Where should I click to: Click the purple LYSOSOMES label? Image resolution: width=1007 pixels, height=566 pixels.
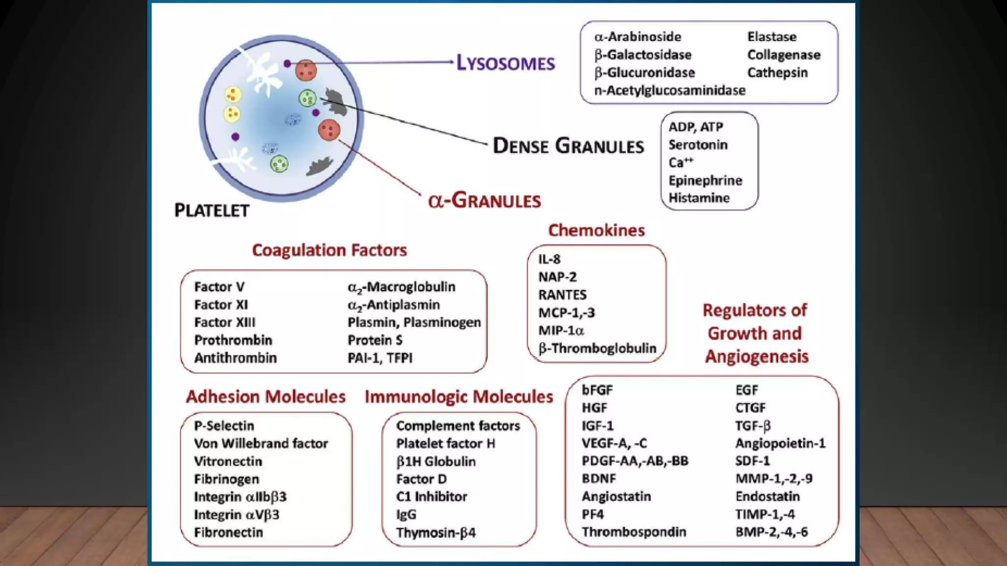tap(505, 63)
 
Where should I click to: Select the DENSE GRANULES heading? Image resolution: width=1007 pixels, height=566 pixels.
tap(568, 146)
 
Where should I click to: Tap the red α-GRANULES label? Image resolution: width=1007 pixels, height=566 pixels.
tap(484, 200)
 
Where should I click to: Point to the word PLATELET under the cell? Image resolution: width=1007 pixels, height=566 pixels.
tap(212, 210)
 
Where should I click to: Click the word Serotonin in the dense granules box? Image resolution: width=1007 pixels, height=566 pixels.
tap(698, 145)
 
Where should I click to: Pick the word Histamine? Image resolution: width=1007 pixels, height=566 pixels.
tap(699, 198)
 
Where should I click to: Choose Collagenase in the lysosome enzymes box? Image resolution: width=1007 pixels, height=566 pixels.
tap(784, 55)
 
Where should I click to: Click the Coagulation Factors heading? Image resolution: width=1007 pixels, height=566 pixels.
tap(329, 250)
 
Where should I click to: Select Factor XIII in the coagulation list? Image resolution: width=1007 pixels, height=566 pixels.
tap(225, 322)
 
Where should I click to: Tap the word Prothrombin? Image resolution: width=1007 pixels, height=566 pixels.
tap(233, 340)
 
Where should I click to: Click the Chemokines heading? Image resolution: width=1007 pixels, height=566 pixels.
tap(596, 230)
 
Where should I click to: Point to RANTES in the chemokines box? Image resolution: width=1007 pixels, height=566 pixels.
tap(563, 295)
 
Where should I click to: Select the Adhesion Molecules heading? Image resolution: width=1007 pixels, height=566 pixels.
tap(266, 396)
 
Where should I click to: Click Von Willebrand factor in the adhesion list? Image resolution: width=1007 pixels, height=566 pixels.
tap(261, 443)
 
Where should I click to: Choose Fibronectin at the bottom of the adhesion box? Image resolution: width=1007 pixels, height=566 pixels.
tap(229, 532)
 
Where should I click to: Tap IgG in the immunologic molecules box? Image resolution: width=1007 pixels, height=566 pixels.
tap(406, 514)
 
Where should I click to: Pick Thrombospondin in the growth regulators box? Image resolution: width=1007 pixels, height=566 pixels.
tap(634, 532)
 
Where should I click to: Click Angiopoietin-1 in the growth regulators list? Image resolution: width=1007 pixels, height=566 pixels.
tap(780, 443)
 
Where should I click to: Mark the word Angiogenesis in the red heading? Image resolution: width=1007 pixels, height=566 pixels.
tap(757, 356)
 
